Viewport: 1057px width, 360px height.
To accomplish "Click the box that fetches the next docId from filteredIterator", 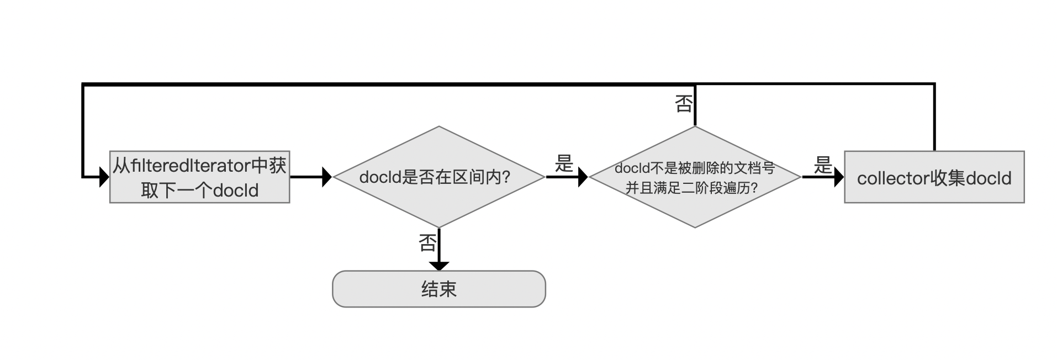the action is [199, 177].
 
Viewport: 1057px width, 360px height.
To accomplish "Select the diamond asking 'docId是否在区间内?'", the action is [439, 177].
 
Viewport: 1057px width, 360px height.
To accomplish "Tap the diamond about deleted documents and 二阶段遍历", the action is [695, 177].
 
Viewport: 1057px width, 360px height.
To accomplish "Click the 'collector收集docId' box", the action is [934, 177].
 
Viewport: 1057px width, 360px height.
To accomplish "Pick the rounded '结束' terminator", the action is [439, 289].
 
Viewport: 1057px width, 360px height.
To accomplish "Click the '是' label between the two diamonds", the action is [564, 163].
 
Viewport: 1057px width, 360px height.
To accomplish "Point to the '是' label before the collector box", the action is [823, 165].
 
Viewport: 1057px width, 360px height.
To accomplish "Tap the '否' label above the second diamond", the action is [684, 103].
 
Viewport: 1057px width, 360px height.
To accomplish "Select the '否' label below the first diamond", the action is [428, 243].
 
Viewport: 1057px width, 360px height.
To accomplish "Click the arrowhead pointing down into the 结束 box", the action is [439, 266].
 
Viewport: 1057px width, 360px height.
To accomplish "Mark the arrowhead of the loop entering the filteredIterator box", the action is [104, 177].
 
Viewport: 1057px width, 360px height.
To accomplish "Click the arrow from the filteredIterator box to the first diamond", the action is [311, 177].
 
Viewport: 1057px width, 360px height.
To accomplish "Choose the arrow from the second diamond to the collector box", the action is [823, 177].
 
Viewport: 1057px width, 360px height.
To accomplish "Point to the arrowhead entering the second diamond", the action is [583, 177].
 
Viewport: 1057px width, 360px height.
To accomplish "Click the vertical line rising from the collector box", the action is [934, 118].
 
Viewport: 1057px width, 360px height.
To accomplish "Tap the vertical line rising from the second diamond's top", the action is [695, 105].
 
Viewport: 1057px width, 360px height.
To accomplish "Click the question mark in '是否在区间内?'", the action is [505, 177].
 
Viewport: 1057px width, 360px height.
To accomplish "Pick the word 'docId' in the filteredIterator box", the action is [236, 190].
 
